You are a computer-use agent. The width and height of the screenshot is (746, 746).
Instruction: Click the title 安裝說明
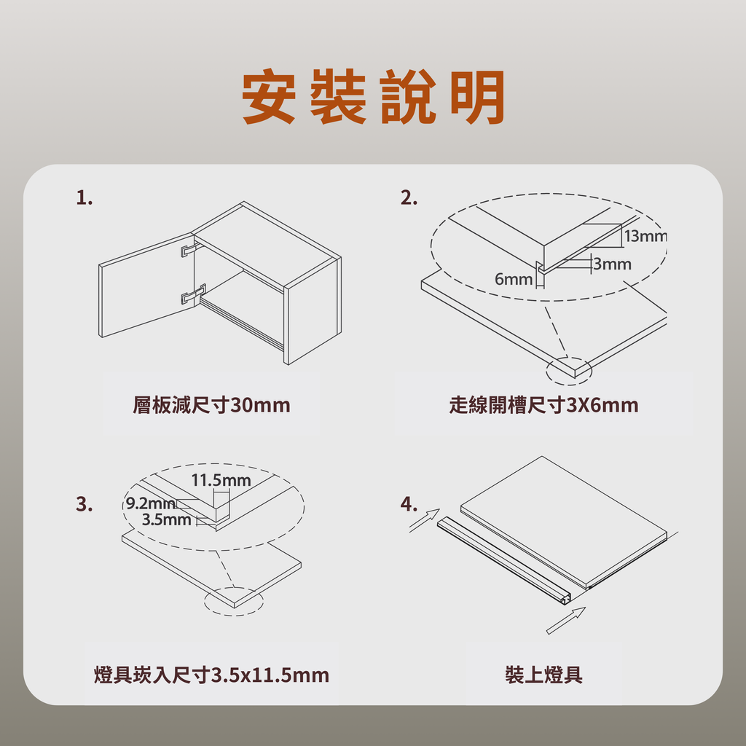373,97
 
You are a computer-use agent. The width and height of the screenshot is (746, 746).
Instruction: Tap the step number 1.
85,197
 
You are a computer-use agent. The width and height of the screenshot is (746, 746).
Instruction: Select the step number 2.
409,197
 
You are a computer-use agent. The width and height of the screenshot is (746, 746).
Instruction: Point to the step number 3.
85,504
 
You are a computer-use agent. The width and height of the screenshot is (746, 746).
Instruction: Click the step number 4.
409,504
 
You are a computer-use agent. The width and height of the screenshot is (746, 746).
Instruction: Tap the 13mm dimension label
645,236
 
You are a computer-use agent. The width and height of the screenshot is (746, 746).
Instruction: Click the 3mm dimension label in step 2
612,264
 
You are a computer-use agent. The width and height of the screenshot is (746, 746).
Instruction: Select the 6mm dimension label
514,279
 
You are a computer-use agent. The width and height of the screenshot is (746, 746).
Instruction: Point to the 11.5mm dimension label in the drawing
221,481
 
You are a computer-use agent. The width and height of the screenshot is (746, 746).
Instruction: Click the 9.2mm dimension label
150,503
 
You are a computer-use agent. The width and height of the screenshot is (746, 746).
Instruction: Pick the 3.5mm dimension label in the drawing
167,519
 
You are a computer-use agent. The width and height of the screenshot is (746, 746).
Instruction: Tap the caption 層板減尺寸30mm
211,405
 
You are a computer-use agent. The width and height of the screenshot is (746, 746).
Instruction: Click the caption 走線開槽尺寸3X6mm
543,405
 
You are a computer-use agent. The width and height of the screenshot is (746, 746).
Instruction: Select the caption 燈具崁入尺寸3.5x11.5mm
211,675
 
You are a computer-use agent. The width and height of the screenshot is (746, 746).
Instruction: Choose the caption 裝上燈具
543,675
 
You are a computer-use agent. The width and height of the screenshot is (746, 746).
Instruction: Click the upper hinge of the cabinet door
190,249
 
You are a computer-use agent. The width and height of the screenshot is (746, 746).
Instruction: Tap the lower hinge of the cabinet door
193,294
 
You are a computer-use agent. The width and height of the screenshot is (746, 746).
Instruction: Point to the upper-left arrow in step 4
425,520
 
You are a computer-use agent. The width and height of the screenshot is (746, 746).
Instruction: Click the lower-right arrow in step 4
566,621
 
